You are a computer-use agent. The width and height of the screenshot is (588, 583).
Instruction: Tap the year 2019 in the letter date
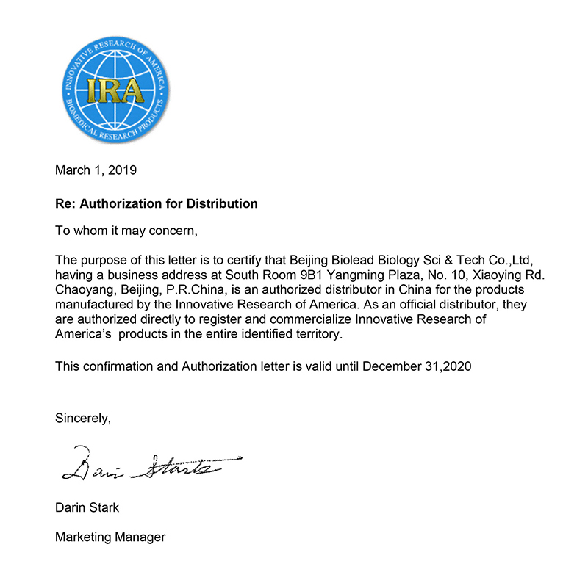(121, 170)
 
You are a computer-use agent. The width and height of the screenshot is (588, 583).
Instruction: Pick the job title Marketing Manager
(110, 537)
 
